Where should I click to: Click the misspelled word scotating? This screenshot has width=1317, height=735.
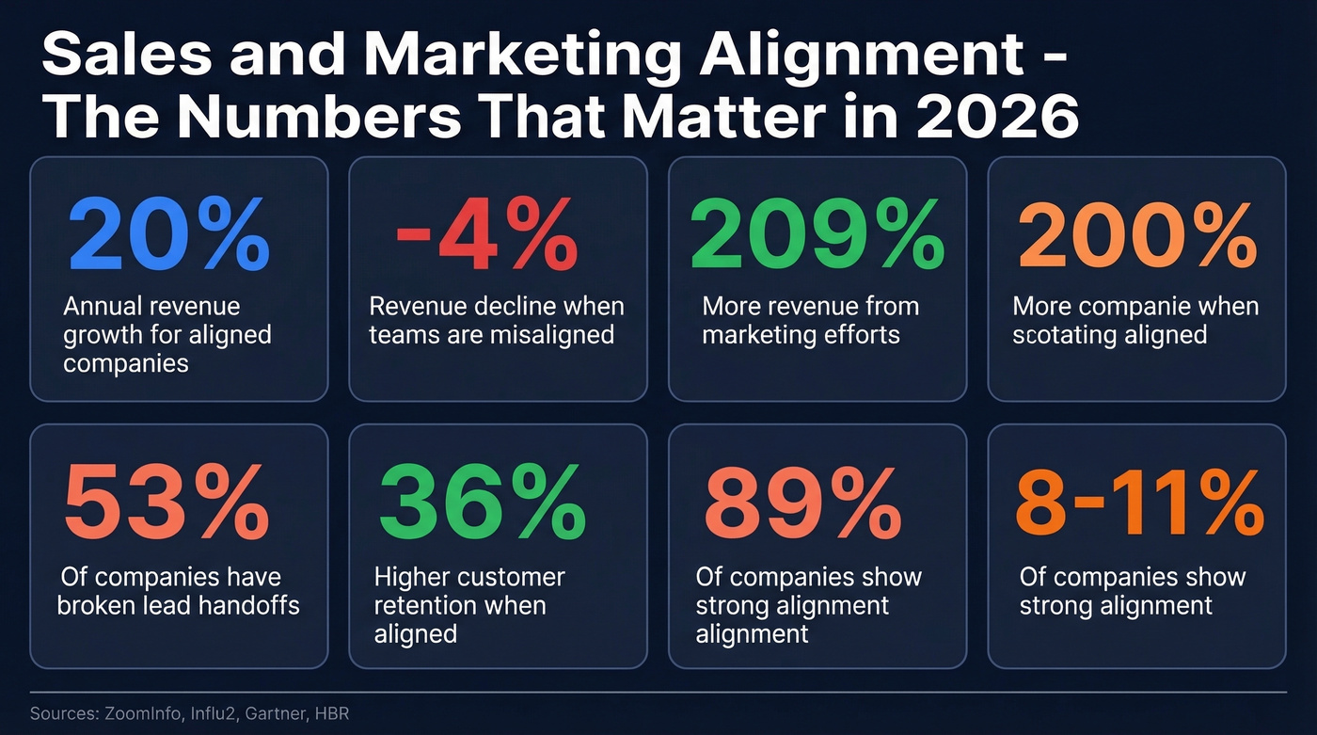pos(1058,334)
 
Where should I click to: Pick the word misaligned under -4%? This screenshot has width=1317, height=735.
pos(559,334)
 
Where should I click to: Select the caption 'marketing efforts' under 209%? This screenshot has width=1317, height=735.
pos(801,334)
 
